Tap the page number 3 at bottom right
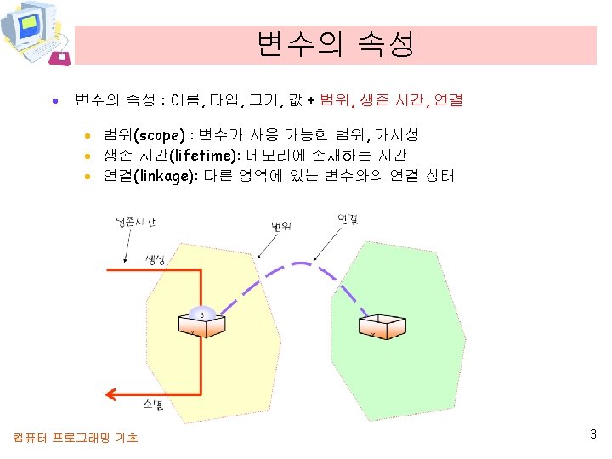click(x=593, y=434)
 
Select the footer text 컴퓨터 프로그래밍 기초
click(x=76, y=438)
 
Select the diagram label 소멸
click(x=153, y=406)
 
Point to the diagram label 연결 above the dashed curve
click(x=348, y=219)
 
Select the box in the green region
click(x=385, y=326)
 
